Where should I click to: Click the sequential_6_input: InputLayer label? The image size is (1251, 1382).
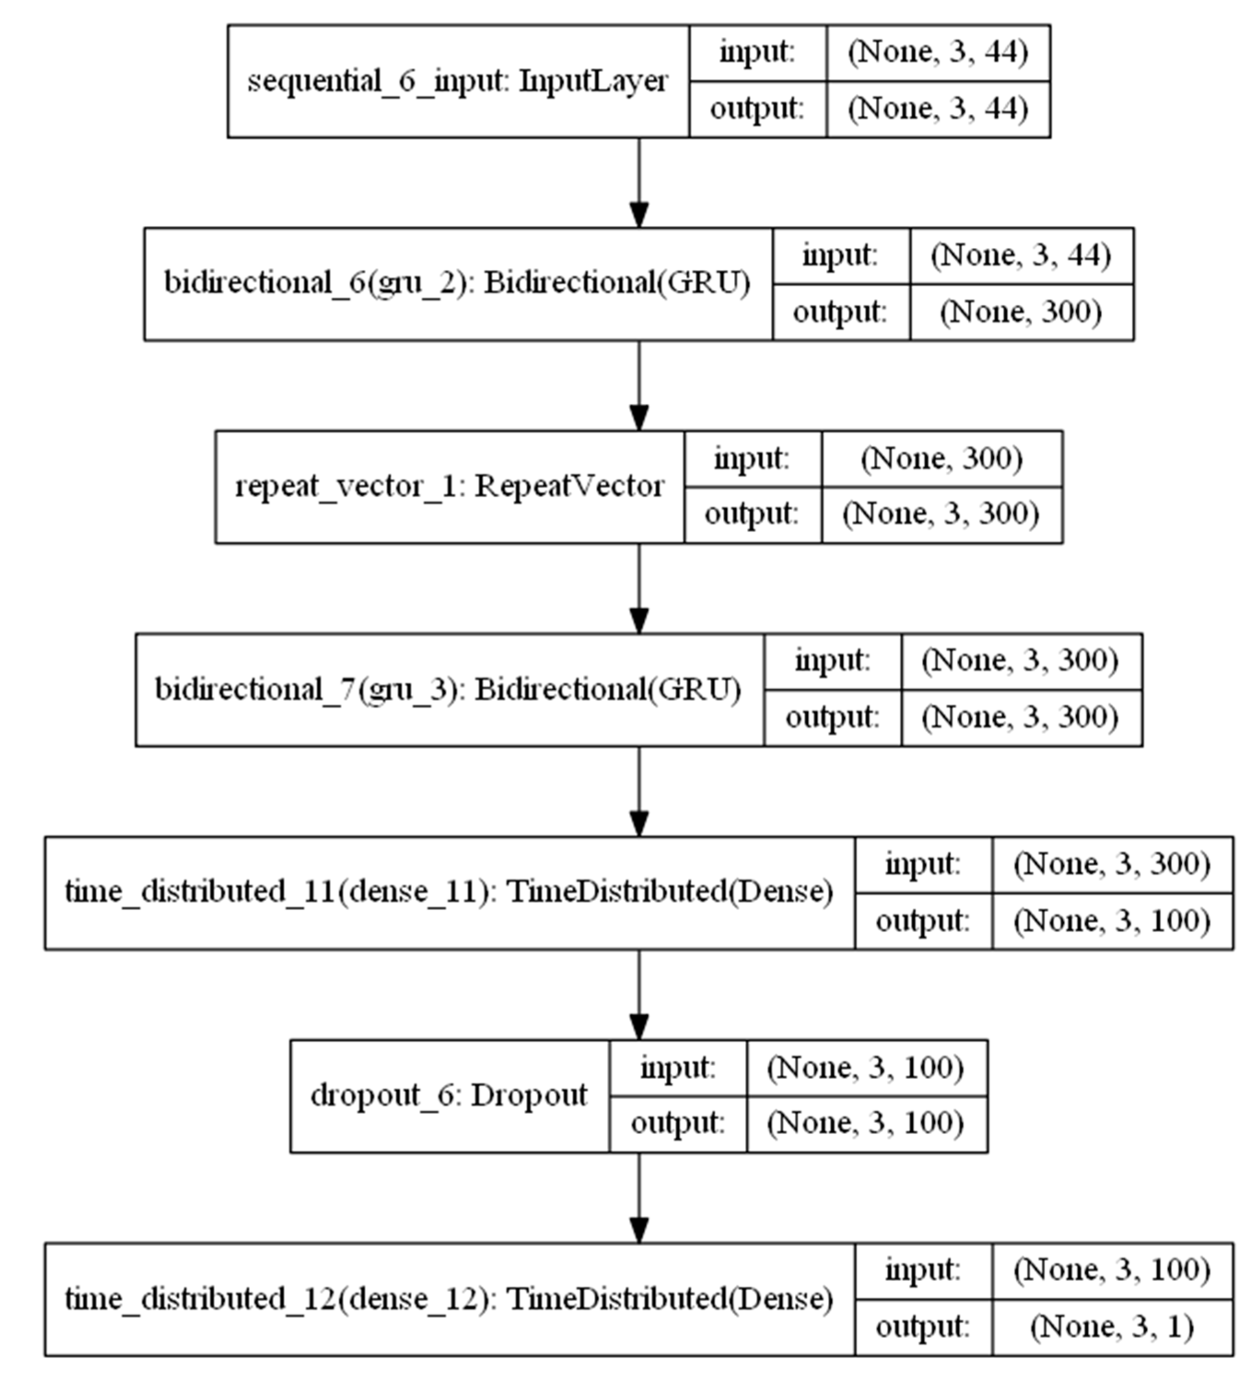(x=457, y=81)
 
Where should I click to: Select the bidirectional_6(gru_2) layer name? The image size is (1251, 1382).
(x=457, y=283)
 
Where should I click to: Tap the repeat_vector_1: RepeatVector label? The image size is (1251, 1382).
(x=449, y=487)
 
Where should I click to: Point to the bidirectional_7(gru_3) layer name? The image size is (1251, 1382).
(x=448, y=690)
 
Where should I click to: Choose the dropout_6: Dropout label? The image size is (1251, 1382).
(x=449, y=1095)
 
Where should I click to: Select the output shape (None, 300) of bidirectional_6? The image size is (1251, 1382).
(x=1021, y=312)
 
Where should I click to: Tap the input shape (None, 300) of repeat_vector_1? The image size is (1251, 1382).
(x=941, y=459)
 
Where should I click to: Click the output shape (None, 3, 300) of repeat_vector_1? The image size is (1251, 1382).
(x=941, y=515)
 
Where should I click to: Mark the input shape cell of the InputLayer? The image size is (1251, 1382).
(x=938, y=53)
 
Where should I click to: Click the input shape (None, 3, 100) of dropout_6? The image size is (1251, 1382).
(x=866, y=1067)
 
